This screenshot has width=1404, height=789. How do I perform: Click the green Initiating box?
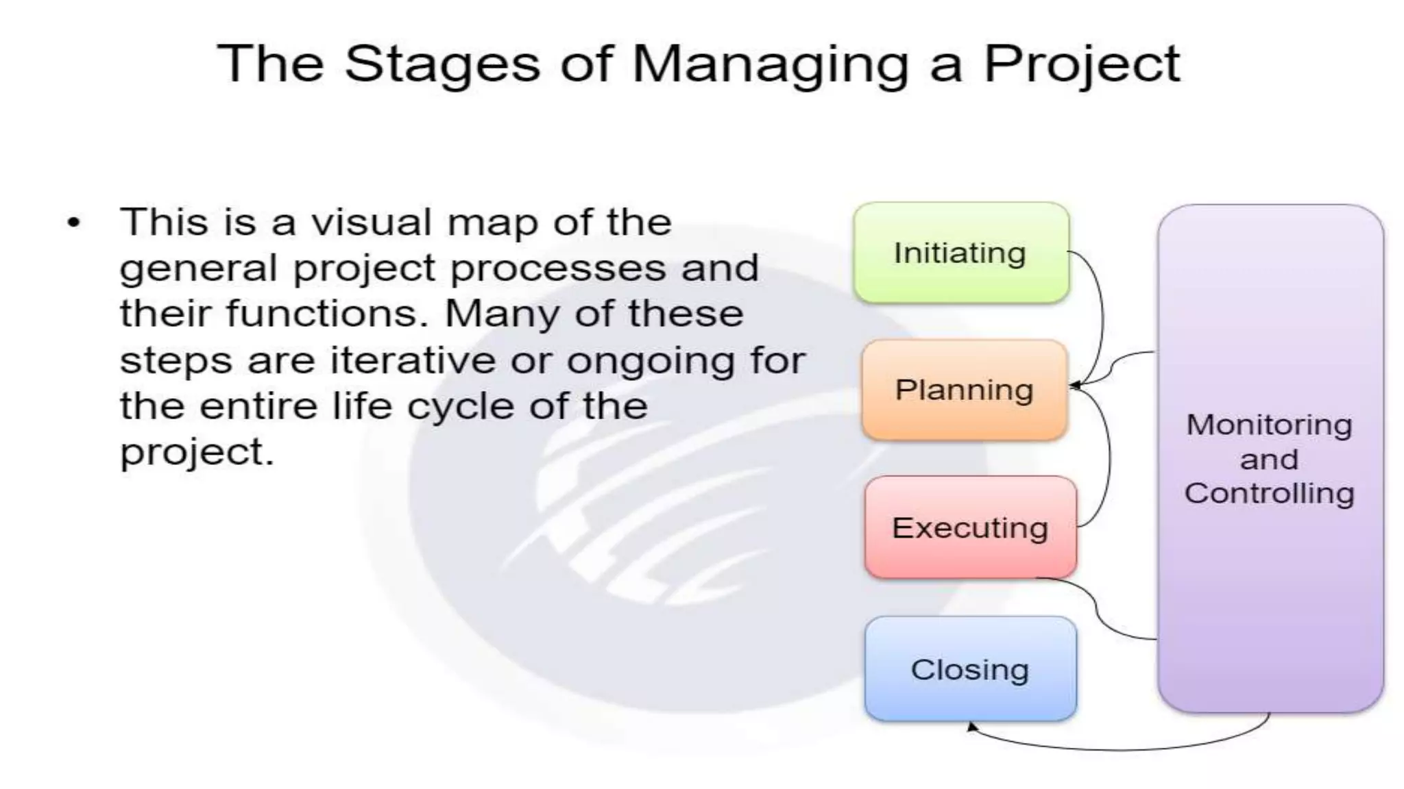pyautogui.click(x=960, y=253)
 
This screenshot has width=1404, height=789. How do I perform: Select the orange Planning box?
pyautogui.click(x=964, y=390)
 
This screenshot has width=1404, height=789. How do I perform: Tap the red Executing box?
pyautogui.click(x=970, y=527)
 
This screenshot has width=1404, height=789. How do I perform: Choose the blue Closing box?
pyautogui.click(x=970, y=669)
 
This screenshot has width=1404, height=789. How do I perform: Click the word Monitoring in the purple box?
pyautogui.click(x=1269, y=425)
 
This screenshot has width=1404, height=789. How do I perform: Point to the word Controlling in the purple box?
pyautogui.click(x=1269, y=493)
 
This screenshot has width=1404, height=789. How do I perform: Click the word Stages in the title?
pyautogui.click(x=442, y=64)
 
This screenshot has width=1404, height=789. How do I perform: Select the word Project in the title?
pyautogui.click(x=1082, y=64)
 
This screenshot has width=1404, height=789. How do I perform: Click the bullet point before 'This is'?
pyautogui.click(x=74, y=223)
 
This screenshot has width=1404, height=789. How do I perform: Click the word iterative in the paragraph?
pyautogui.click(x=413, y=360)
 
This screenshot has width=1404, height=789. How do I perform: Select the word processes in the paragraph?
pyautogui.click(x=558, y=268)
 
